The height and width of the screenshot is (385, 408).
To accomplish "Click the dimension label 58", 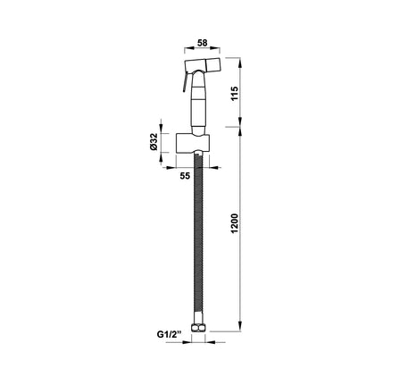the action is [203, 43].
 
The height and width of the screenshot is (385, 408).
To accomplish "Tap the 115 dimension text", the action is [235, 94].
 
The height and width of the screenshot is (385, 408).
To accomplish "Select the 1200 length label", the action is [235, 223].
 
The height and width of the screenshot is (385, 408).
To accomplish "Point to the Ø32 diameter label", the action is [154, 142].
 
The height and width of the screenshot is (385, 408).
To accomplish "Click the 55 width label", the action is [185, 176].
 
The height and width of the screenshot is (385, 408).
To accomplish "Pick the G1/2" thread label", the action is [170, 334].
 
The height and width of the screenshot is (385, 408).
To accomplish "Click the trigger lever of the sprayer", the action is [185, 81].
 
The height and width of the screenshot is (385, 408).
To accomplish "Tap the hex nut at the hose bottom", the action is [198, 327].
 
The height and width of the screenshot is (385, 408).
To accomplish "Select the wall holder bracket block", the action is [193, 143].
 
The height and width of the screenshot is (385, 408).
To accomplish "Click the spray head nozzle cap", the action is [213, 65].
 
